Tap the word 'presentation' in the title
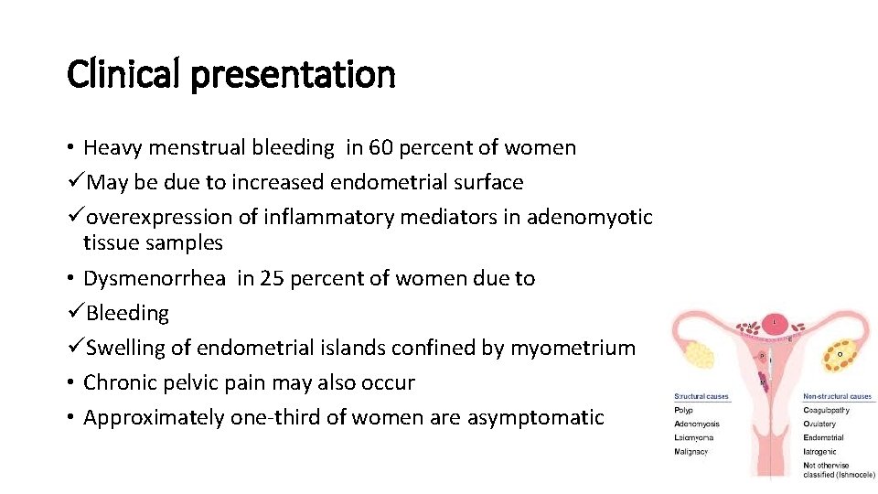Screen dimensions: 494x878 [x=293, y=75]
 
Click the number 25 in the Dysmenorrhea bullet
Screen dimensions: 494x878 [x=273, y=278]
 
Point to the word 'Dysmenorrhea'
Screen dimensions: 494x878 [x=154, y=278]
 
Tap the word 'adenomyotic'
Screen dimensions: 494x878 [x=592, y=217]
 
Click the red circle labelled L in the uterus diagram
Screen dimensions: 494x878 [x=776, y=323]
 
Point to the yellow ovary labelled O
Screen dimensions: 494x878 [x=840, y=353]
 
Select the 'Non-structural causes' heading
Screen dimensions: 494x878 [x=837, y=397]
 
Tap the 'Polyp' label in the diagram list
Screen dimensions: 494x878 [x=685, y=410]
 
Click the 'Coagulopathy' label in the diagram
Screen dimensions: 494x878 [x=826, y=410]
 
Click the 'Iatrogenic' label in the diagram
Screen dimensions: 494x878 [x=821, y=451]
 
